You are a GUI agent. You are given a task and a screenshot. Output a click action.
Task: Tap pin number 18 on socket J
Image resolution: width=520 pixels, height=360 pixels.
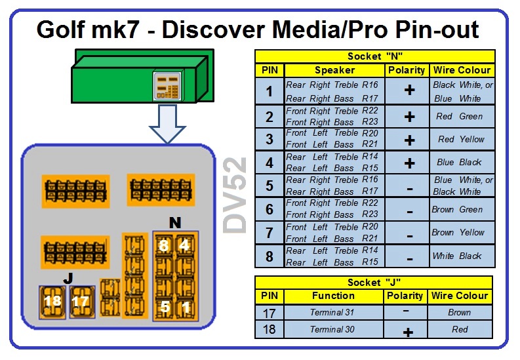coord(53,302)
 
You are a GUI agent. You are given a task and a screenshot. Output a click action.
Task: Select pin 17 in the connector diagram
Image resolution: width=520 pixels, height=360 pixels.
coord(81,302)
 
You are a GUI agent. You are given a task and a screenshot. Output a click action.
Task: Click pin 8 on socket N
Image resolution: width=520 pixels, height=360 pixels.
coord(164,246)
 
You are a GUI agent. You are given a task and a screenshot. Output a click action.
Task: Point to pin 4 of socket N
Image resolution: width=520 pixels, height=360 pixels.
coord(185,246)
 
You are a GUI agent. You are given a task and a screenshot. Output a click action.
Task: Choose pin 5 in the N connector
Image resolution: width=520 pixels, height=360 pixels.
coord(164,306)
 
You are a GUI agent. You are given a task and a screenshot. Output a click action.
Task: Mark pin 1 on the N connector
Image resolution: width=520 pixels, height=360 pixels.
coord(185,306)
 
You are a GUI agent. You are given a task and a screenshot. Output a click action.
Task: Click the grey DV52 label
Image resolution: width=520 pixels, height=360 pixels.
coord(235,195)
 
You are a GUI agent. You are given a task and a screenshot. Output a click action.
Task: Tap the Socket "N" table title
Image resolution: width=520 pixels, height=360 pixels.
coord(374,56)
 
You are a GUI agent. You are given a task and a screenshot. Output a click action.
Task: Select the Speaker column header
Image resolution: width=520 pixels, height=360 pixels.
coord(334,70)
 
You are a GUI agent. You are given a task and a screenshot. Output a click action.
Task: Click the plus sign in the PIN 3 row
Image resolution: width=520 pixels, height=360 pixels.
coord(409,140)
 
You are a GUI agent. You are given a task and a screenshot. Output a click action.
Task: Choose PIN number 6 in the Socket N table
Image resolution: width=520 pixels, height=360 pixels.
coord(269,209)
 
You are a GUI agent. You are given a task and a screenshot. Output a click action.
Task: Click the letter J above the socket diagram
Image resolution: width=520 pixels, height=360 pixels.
coord(68,278)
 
